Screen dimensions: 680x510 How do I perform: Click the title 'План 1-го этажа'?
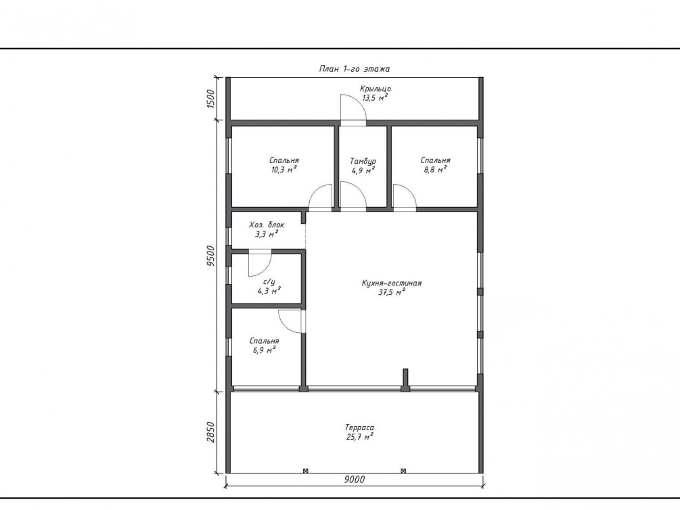[355, 68]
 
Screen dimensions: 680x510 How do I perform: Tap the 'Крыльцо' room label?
[375, 89]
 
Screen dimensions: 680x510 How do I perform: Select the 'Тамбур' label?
[363, 162]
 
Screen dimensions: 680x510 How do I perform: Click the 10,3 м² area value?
[284, 170]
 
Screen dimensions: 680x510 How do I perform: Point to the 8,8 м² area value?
[436, 170]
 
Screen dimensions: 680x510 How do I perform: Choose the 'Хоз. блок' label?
[267, 225]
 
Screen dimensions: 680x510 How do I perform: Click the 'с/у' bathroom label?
[269, 282]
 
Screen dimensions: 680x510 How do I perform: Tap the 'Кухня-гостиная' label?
[392, 283]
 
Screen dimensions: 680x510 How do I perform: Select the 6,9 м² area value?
[265, 350]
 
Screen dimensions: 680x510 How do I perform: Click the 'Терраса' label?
[359, 427]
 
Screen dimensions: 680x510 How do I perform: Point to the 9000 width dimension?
[355, 479]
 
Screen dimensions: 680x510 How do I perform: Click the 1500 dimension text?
[210, 99]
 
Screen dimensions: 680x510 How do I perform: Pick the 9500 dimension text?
[210, 256]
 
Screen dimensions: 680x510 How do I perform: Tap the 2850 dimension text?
[210, 432]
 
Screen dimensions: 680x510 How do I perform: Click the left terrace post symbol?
[305, 471]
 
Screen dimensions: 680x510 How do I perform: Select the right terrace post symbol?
[403, 471]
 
